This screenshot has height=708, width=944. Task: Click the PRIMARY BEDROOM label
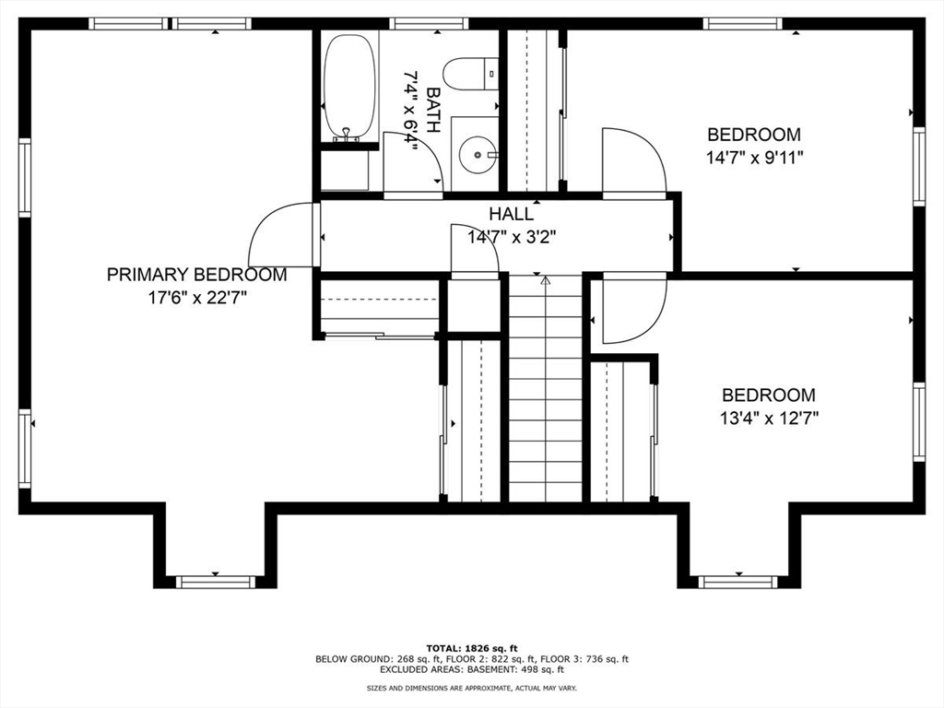tap(196, 275)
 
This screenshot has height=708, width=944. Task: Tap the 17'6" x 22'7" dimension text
tap(196, 297)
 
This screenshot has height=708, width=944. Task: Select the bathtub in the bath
tap(350, 88)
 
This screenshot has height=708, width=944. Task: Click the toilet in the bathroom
tap(469, 72)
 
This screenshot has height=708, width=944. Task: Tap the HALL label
tap(511, 214)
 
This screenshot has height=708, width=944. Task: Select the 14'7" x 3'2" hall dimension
tap(511, 237)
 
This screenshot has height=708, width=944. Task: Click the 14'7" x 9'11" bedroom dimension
tap(755, 157)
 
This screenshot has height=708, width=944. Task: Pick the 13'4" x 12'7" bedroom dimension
tap(770, 417)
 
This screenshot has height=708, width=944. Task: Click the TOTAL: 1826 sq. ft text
tap(471, 647)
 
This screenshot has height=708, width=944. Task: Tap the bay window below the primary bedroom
tap(215, 581)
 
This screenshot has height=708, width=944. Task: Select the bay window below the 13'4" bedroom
tap(737, 581)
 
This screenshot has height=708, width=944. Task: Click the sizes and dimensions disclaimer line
tap(472, 689)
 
